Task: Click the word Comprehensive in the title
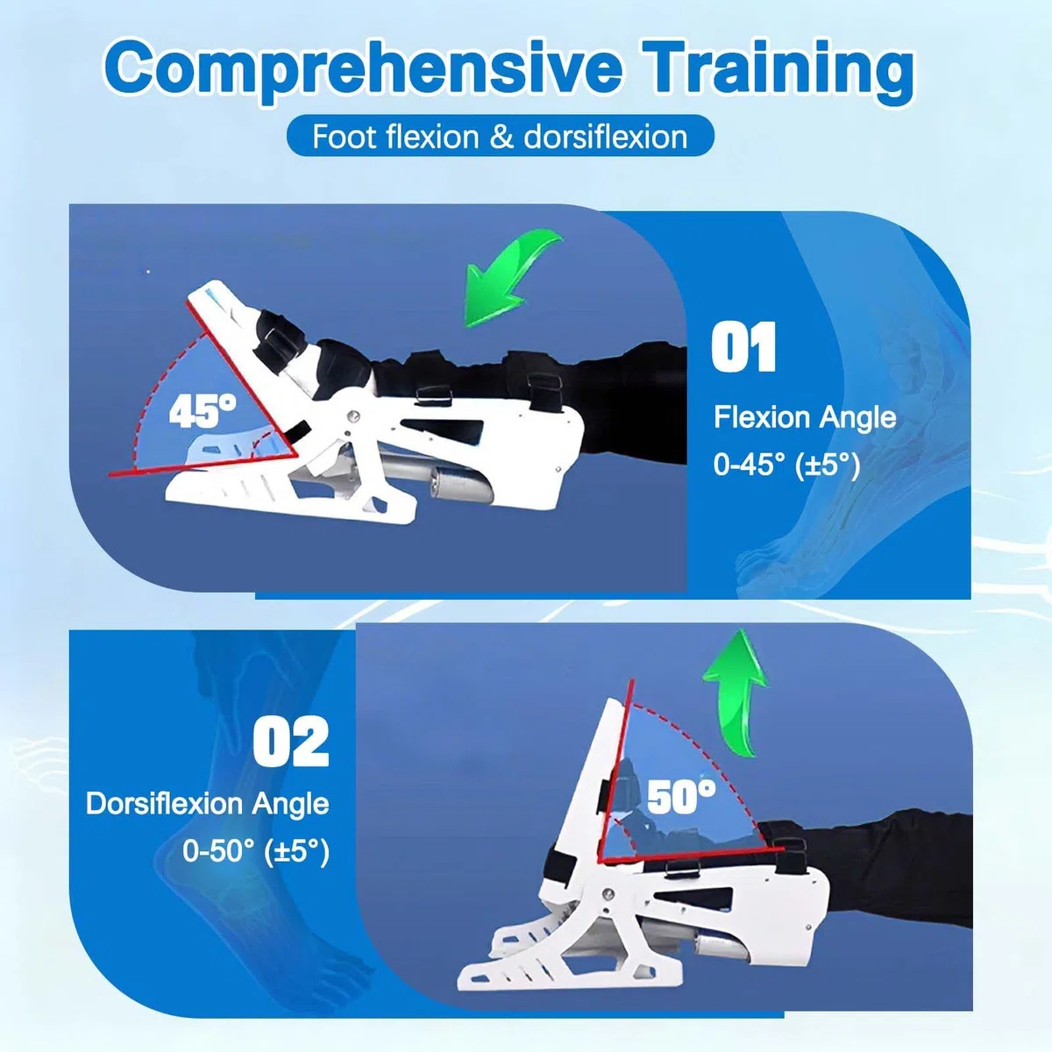(x=361, y=68)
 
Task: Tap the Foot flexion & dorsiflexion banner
(x=500, y=136)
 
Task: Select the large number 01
(x=743, y=346)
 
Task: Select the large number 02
(x=292, y=742)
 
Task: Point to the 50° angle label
(x=681, y=797)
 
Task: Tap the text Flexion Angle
(x=805, y=418)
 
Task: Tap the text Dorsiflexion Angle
(x=208, y=804)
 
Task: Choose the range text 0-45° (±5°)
(x=786, y=466)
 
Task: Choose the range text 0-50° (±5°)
(x=256, y=851)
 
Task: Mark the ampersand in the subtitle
(x=501, y=137)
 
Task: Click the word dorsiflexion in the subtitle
(x=605, y=136)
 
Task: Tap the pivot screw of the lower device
(x=607, y=893)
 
